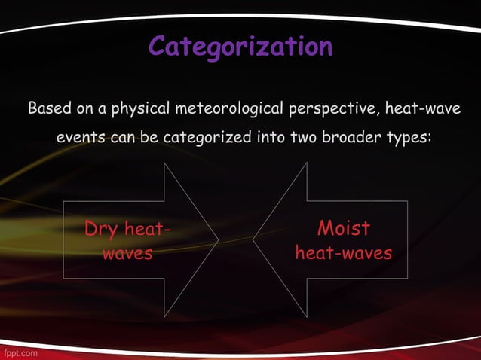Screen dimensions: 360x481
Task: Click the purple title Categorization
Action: tap(240, 47)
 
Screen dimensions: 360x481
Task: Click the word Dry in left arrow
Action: tap(101, 229)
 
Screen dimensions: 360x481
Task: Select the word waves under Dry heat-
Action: tap(127, 253)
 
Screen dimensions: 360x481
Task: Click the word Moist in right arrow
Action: tap(344, 228)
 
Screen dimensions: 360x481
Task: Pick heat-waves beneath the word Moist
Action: tap(344, 253)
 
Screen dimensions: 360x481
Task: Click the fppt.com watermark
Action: tap(19, 352)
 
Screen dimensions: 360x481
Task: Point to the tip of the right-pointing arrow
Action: tap(218, 240)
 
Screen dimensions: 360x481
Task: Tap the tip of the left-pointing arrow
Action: tap(254, 240)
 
